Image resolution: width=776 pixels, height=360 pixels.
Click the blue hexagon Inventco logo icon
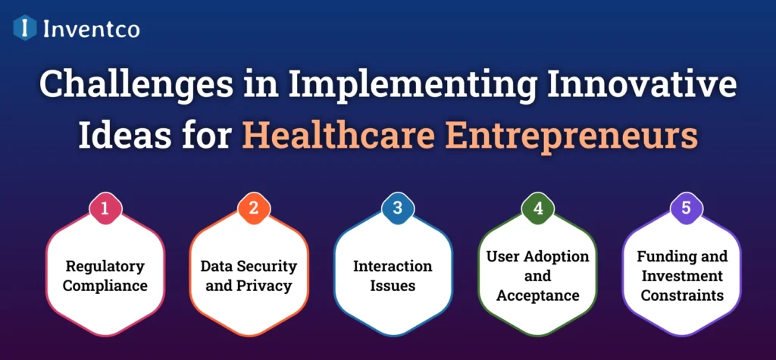tap(25, 28)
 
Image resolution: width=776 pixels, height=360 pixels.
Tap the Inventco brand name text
tap(91, 28)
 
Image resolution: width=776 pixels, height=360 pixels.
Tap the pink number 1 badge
tap(105, 208)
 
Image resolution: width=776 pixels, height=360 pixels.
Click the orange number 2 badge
tap(253, 208)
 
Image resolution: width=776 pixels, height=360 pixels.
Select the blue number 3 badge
tap(397, 208)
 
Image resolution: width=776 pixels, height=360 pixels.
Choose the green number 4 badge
tap(538, 208)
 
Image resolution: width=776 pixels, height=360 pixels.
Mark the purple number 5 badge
tap(685, 208)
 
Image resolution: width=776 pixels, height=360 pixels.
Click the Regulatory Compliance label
tap(105, 276)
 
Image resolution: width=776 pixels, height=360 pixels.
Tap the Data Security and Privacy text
tap(249, 276)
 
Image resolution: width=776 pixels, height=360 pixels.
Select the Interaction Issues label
tap(393, 276)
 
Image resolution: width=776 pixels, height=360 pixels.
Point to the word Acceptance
tap(538, 296)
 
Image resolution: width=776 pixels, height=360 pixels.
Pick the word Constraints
tap(682, 296)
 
